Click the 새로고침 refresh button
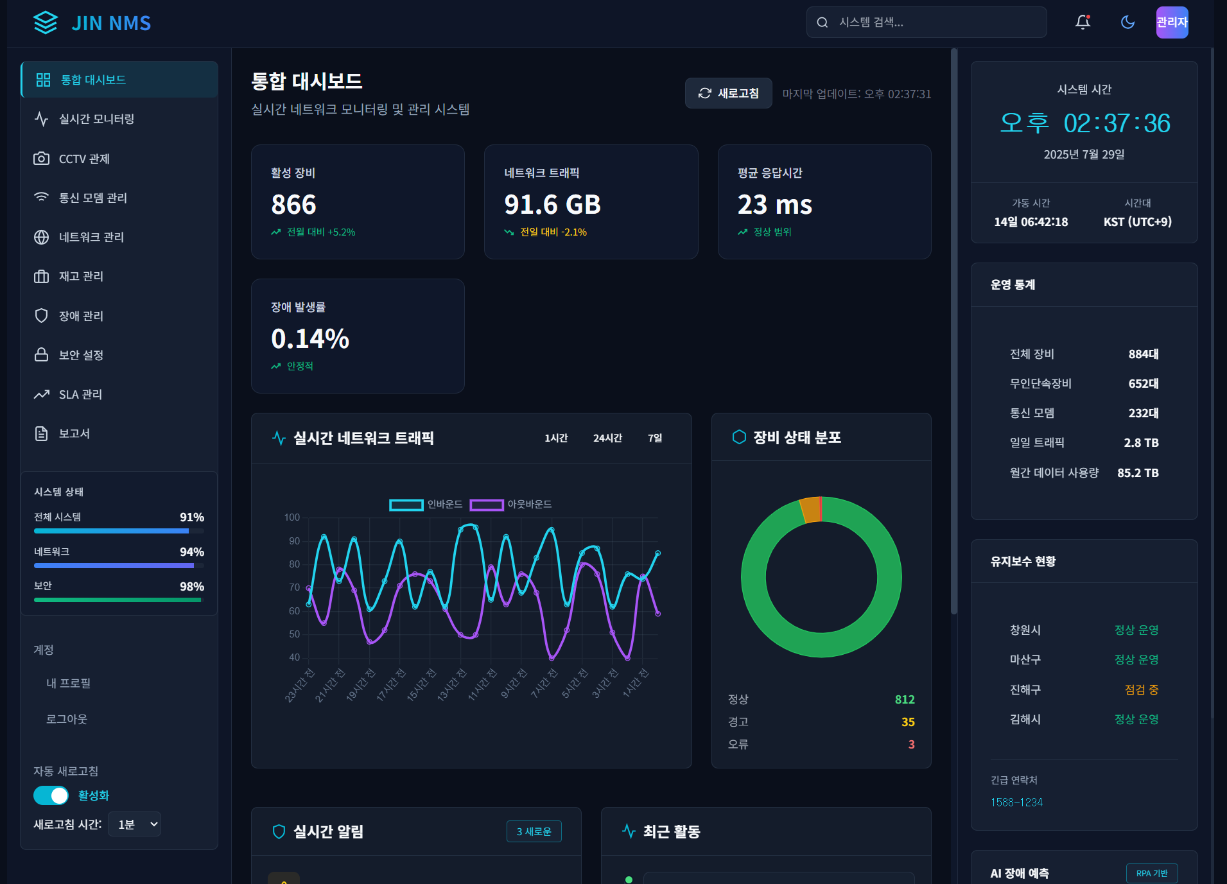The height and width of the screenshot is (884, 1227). (x=728, y=93)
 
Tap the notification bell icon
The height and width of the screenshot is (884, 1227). (x=1083, y=22)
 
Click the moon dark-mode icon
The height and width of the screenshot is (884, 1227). (x=1127, y=22)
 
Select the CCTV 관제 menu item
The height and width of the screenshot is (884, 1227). (x=83, y=159)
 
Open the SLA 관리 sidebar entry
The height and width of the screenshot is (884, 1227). (x=80, y=394)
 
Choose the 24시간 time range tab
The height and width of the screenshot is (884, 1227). (x=607, y=438)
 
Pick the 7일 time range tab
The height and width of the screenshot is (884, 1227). (x=654, y=438)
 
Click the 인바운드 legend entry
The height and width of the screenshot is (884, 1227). (x=426, y=505)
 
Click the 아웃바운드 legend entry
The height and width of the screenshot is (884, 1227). (x=510, y=505)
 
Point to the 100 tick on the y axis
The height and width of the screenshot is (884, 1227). (x=292, y=517)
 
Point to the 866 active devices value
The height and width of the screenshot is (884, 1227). (x=293, y=205)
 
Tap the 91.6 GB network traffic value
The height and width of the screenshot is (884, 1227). (x=552, y=205)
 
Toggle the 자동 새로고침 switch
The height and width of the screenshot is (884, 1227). (x=51, y=795)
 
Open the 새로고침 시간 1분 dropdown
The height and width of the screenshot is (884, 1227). (x=134, y=824)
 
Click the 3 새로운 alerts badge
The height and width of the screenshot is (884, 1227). (x=534, y=831)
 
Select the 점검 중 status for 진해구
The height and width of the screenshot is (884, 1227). (x=1141, y=689)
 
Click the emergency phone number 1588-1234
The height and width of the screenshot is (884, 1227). (x=1016, y=802)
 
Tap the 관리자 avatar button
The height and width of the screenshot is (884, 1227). (x=1172, y=22)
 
